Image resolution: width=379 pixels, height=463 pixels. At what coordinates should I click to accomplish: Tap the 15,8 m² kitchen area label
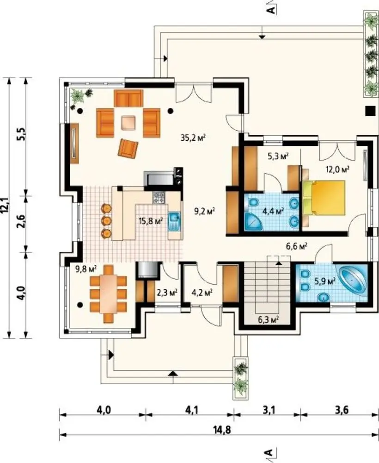[x=151, y=221]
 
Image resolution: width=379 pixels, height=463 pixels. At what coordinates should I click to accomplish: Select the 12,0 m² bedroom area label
[x=337, y=169]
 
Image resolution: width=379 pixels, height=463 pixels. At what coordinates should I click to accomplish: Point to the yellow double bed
[x=324, y=198]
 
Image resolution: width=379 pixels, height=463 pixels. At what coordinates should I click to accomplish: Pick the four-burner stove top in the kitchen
[x=159, y=198]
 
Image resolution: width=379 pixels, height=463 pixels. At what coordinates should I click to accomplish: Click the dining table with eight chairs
[x=108, y=294]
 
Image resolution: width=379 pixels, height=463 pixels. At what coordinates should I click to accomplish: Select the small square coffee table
[x=128, y=123]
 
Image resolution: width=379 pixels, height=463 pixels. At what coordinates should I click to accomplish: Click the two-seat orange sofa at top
[x=128, y=98]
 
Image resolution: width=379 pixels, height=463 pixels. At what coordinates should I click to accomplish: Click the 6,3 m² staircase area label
[x=268, y=319]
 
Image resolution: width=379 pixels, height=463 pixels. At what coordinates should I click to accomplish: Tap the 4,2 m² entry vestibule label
[x=202, y=293]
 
